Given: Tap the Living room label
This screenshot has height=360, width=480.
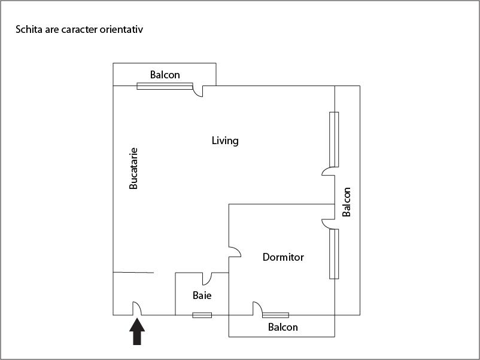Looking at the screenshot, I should tap(225, 141).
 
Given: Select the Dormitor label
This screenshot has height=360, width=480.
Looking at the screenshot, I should tap(283, 257).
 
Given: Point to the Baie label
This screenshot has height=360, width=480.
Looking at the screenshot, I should tap(202, 295).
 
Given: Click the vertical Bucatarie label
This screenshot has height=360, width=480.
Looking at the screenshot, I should tap(133, 169).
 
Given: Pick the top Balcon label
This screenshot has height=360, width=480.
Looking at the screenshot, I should tap(165, 75).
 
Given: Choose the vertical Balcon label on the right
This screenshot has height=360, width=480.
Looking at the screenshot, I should tap(347, 202).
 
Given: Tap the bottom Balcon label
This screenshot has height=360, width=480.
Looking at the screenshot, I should tap(282, 327).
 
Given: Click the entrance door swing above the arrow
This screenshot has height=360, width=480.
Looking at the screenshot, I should tap(136, 307).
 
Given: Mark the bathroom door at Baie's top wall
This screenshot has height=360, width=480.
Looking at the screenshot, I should tap(208, 278).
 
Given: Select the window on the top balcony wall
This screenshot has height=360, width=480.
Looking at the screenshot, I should tap(165, 86).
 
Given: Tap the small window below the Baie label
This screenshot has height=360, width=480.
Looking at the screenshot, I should tap(202, 315).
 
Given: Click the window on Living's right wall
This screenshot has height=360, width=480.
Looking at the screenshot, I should tap(334, 139).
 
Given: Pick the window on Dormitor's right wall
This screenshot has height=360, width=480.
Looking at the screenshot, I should tap(334, 254).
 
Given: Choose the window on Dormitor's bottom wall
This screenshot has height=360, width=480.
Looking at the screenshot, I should tap(275, 315).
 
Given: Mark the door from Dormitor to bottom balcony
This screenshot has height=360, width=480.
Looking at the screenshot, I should tap(257, 308).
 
